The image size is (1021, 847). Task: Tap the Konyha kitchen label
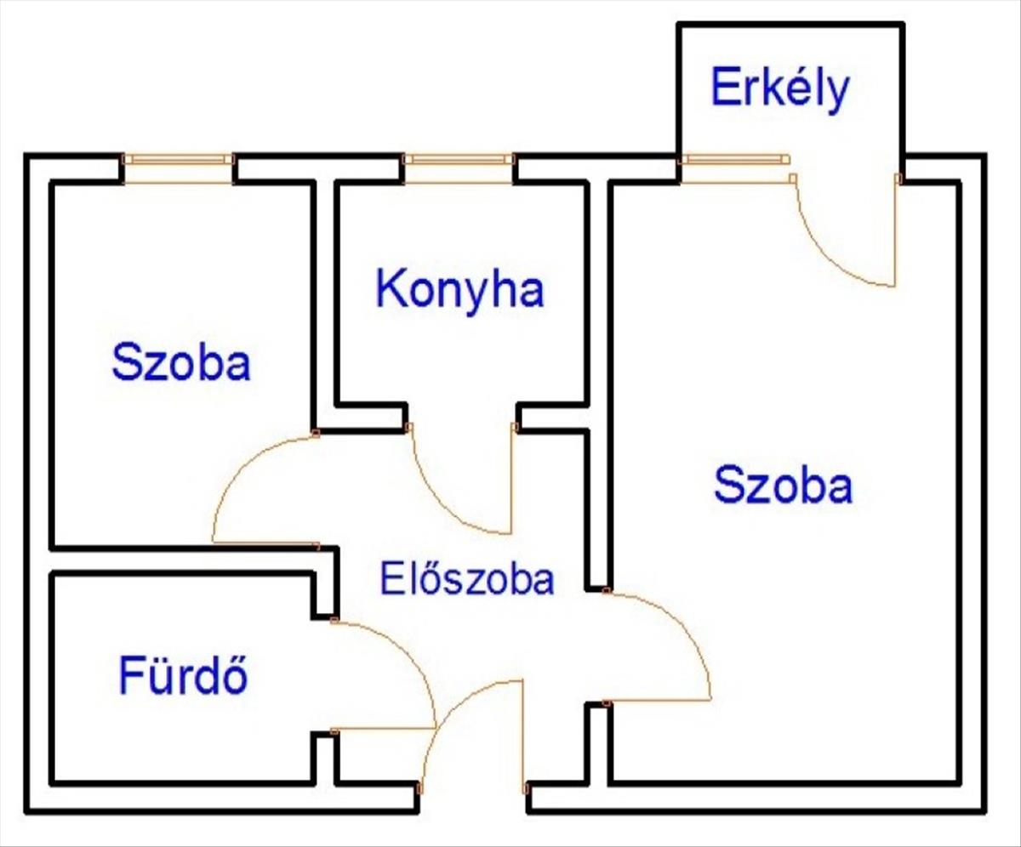tap(459, 289)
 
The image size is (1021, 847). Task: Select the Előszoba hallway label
tap(466, 580)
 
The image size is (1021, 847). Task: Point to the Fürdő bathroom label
tap(183, 676)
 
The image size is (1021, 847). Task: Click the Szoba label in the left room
tap(181, 362)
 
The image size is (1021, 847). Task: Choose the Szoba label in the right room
tap(783, 486)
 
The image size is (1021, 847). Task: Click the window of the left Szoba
tap(178, 159)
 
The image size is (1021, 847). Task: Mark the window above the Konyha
tap(459, 159)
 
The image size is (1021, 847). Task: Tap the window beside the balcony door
tap(734, 159)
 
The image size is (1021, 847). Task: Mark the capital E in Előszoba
tap(390, 580)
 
